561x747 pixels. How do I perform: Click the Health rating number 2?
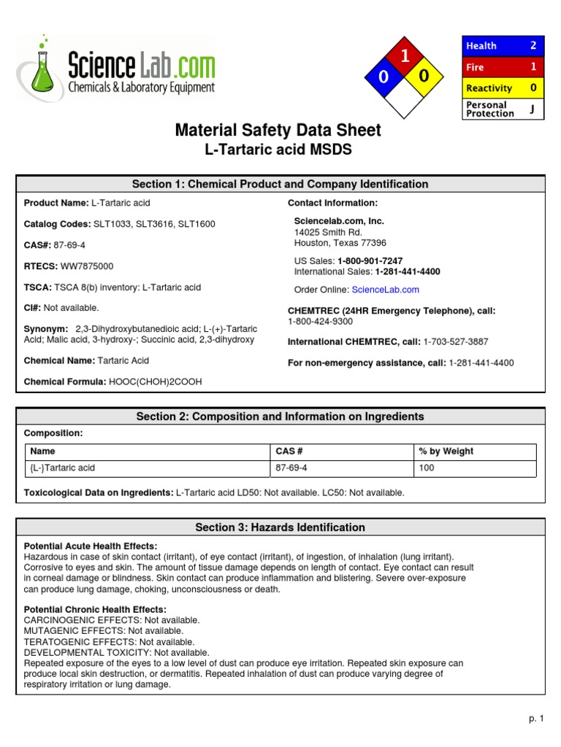(533, 45)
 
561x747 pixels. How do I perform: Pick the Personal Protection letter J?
(532, 109)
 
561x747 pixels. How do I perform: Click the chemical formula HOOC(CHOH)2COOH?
(155, 382)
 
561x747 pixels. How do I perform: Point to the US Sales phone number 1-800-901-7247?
(370, 261)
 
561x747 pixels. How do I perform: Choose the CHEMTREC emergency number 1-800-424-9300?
(320, 321)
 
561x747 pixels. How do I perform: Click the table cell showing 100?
(427, 468)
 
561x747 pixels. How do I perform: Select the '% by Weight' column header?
(446, 452)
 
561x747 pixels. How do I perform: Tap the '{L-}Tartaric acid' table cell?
(63, 468)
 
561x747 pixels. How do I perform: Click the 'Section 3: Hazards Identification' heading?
(280, 527)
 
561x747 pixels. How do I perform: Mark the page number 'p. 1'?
(537, 719)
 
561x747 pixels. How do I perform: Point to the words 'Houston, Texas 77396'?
(340, 243)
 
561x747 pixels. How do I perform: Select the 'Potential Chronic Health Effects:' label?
(95, 609)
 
